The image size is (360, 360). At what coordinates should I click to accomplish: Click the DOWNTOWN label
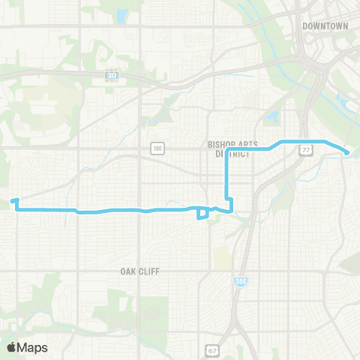tap(326, 25)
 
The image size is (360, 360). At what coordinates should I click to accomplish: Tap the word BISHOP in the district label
tap(217, 142)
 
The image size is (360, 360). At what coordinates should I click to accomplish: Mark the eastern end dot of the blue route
tap(347, 153)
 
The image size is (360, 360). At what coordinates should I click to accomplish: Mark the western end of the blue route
tap(13, 200)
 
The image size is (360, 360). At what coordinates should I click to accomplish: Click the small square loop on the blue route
tap(202, 214)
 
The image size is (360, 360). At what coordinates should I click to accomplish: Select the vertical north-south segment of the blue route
tap(227, 176)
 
